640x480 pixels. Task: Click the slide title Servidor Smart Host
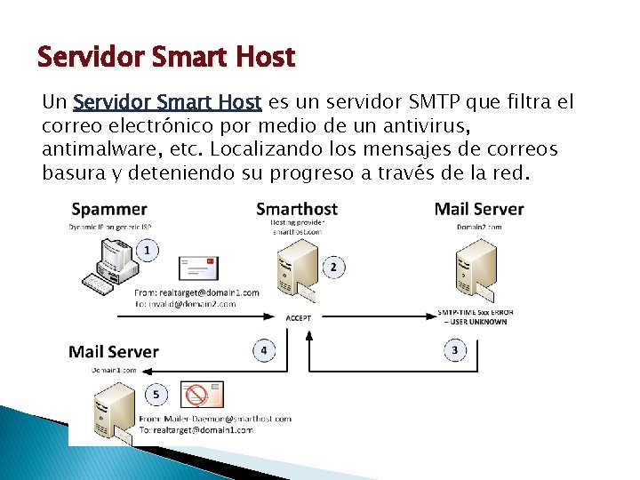[165, 58]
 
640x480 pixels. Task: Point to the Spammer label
[108, 210]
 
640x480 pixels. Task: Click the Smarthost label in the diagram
[296, 210]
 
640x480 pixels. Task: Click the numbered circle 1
[147, 251]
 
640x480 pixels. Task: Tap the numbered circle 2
[333, 267]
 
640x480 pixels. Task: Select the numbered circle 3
[455, 350]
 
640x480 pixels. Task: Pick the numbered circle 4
[264, 350]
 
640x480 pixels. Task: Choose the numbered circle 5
[157, 394]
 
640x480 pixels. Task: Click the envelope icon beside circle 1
[198, 268]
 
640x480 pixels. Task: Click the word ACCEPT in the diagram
[299, 317]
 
